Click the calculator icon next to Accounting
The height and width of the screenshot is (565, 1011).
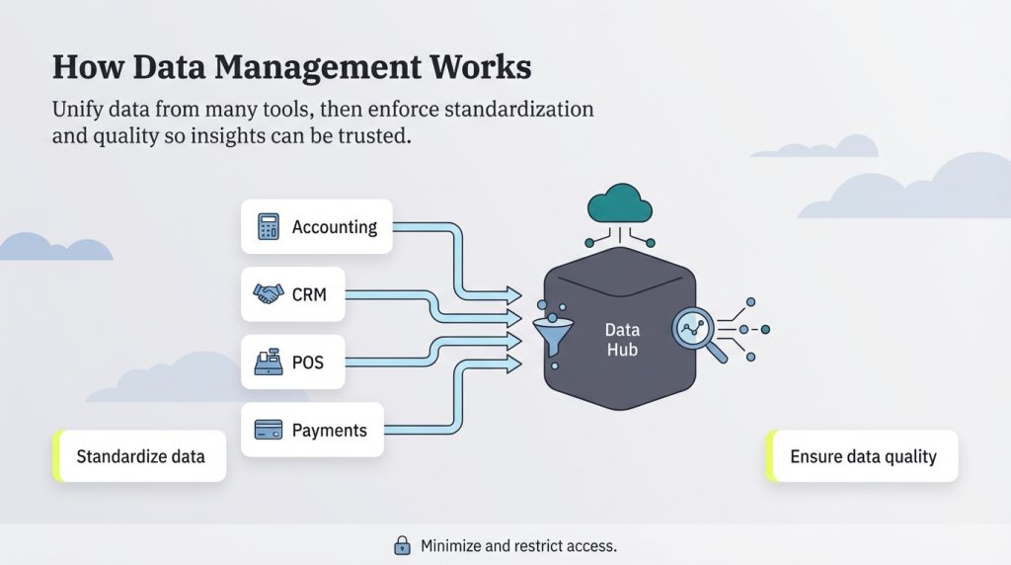click(x=267, y=227)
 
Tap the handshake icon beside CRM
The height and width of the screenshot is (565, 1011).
click(x=268, y=294)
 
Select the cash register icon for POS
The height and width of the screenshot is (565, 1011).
click(x=268, y=363)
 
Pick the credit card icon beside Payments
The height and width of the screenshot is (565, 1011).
click(x=268, y=430)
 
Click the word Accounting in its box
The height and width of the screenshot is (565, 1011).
click(x=335, y=227)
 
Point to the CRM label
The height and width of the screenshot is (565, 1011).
click(x=309, y=294)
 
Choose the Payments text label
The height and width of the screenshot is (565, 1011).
click(x=329, y=430)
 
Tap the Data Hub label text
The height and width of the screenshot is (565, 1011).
click(x=622, y=339)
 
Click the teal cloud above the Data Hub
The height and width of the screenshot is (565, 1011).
click(x=620, y=203)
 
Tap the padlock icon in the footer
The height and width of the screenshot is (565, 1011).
click(x=402, y=545)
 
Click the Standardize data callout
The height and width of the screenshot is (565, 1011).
click(x=140, y=456)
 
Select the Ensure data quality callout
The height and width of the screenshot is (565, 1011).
click(x=863, y=456)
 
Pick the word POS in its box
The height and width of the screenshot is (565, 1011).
click(x=308, y=363)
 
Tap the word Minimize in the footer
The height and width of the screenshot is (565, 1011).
click(x=453, y=545)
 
